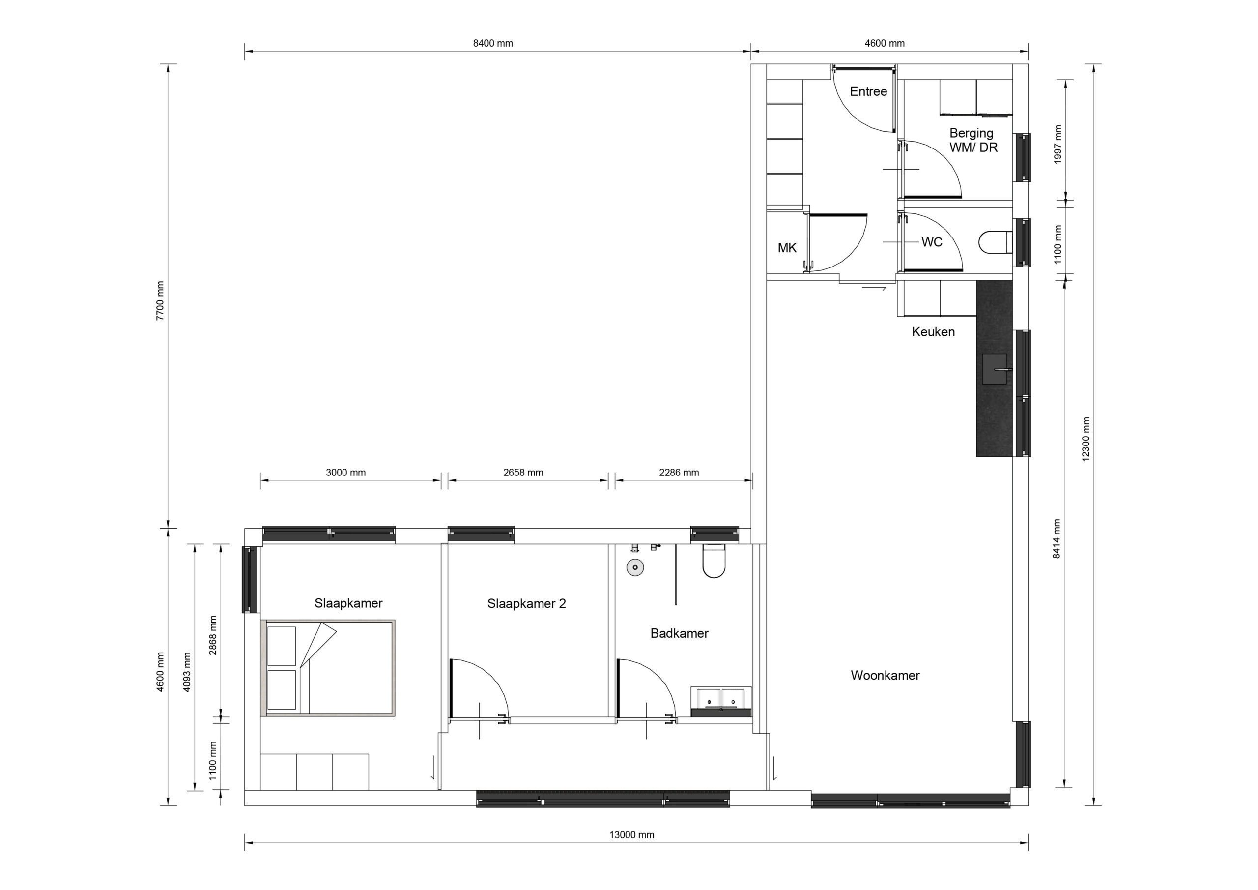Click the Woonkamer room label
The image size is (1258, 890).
(x=885, y=675)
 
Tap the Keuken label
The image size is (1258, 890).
(x=933, y=332)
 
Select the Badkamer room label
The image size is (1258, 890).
(x=680, y=633)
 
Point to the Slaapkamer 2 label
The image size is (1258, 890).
(x=526, y=604)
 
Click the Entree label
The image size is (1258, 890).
(x=868, y=91)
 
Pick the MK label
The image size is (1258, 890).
(x=787, y=248)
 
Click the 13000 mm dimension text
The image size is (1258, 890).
(x=632, y=835)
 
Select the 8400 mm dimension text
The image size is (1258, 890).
(x=493, y=43)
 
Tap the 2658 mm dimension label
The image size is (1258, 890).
(x=523, y=472)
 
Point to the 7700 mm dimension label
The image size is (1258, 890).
(x=160, y=300)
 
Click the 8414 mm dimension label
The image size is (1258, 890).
(x=1057, y=538)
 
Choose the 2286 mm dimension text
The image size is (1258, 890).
(x=679, y=472)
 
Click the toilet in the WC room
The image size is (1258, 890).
(x=996, y=242)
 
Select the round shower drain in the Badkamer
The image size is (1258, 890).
(x=635, y=568)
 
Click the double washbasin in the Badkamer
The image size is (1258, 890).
(x=721, y=701)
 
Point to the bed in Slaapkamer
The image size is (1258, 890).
(x=330, y=668)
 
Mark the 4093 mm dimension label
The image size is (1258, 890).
(x=187, y=672)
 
